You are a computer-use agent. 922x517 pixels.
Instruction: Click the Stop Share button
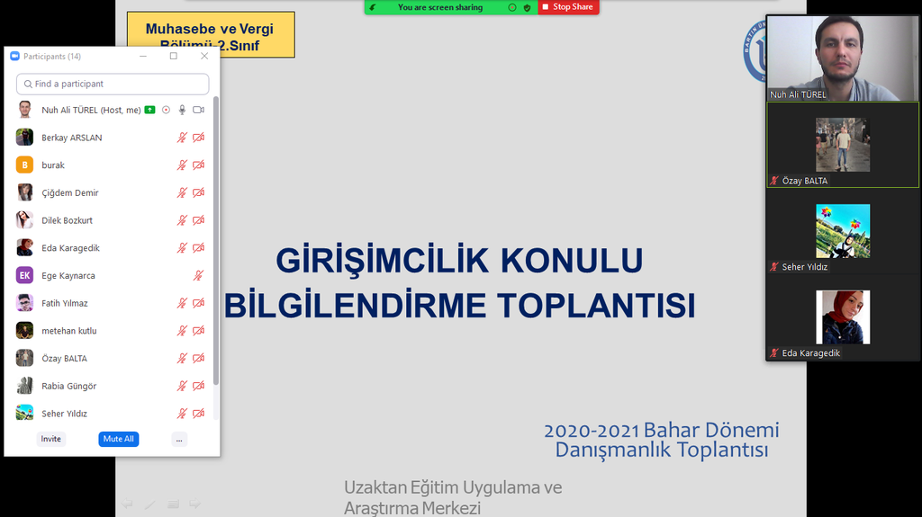tap(568, 7)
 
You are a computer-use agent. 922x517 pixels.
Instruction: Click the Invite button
tap(51, 439)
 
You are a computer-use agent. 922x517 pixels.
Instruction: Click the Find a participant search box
tap(113, 84)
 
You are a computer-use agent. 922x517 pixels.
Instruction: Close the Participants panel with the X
tap(204, 56)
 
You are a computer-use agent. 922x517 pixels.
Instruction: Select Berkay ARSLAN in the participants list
tap(72, 138)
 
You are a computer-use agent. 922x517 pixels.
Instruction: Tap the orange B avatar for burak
tap(25, 165)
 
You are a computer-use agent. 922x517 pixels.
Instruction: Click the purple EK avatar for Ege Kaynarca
tap(25, 276)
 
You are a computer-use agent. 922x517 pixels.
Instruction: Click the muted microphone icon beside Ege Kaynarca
tap(199, 276)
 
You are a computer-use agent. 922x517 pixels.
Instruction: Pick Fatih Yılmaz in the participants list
tap(65, 303)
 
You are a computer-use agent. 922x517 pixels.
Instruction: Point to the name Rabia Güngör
tap(68, 386)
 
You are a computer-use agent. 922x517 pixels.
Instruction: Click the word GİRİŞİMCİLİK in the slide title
tap(379, 261)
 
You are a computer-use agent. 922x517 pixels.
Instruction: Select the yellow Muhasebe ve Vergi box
tap(210, 35)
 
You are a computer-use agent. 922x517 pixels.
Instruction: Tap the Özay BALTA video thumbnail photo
tap(843, 144)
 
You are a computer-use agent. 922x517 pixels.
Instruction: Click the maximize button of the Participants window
tap(174, 56)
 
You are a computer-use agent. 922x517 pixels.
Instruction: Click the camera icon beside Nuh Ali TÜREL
tap(198, 110)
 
